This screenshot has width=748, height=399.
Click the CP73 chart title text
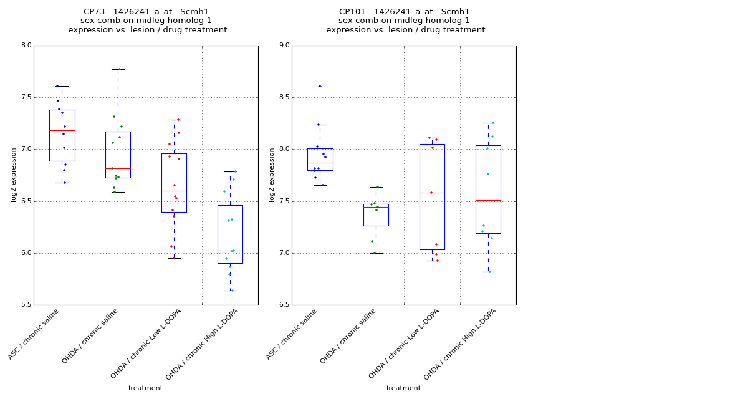[147, 21]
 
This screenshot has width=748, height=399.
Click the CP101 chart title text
[405, 21]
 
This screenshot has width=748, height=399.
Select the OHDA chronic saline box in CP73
[118, 155]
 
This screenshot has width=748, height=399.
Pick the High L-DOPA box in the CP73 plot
[230, 234]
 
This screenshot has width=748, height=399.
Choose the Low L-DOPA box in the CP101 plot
[432, 196]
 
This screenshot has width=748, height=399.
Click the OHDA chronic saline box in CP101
[376, 215]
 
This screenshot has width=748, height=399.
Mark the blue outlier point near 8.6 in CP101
[320, 86]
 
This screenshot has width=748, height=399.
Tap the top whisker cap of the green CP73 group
[118, 69]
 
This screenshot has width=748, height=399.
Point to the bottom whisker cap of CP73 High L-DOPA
[230, 291]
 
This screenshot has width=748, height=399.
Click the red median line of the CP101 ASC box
[320, 163]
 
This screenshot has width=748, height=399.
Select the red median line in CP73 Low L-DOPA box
[174, 191]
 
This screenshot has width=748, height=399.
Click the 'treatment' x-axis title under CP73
[145, 388]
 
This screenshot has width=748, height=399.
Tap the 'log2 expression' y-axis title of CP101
[272, 175]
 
